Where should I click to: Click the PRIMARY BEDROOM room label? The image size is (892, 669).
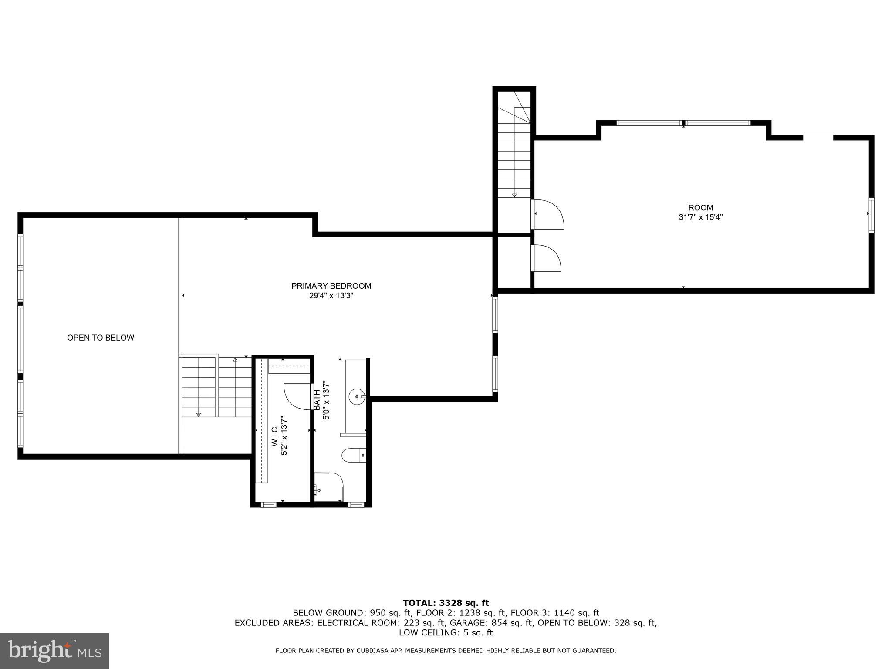331,286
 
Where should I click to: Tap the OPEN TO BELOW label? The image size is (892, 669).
101,338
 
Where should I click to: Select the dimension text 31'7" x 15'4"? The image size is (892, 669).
700,217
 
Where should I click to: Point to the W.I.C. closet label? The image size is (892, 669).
275,436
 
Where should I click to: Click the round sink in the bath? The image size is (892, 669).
357,396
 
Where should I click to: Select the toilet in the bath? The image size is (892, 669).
353,456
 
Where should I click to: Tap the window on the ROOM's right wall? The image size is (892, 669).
871,214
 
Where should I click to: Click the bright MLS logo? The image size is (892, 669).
54,651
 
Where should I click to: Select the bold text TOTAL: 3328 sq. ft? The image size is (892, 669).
446,603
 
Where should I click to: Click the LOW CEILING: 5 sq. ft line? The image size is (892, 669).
446,632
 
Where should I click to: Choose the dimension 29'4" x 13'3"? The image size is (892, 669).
331,296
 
